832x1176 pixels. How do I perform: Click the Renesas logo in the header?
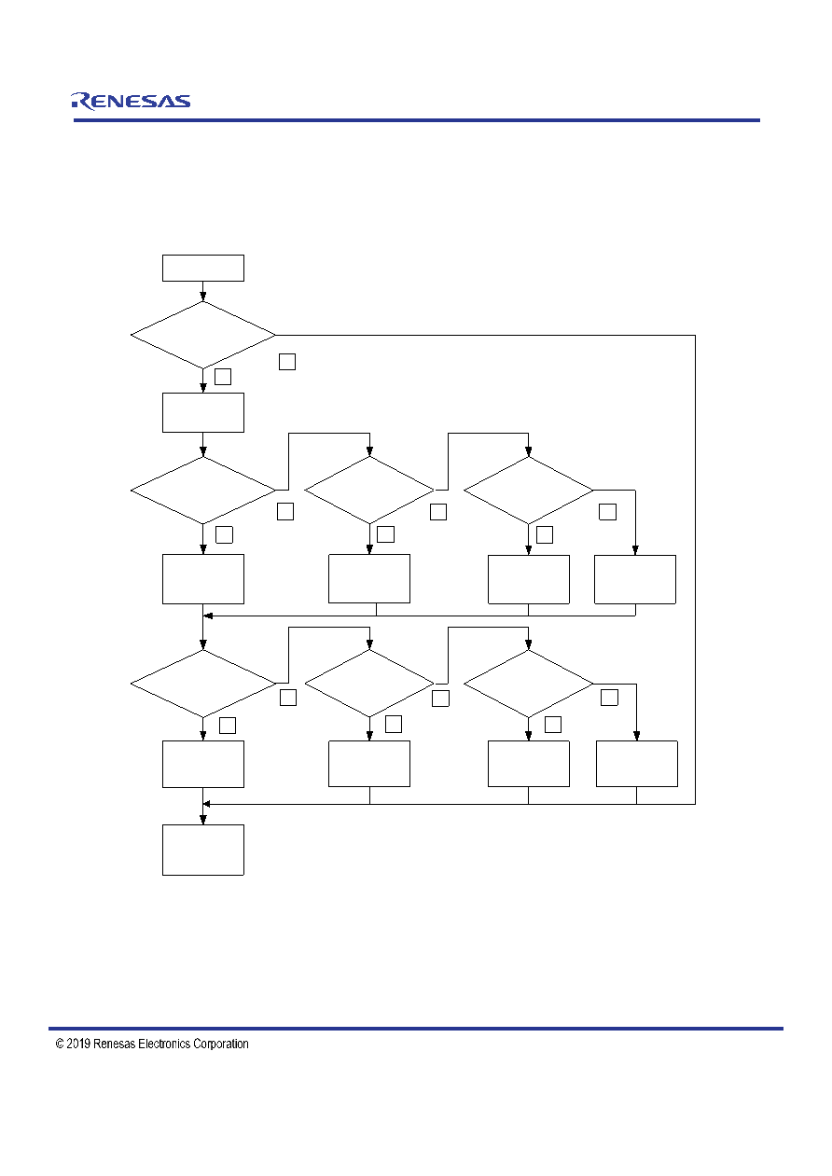[131, 102]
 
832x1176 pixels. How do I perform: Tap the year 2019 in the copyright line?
[78, 1044]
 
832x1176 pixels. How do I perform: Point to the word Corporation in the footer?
[220, 1045]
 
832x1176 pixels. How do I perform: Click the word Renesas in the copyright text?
[115, 1044]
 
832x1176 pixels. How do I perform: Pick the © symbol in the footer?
[60, 1044]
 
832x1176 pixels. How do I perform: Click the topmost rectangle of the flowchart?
[203, 269]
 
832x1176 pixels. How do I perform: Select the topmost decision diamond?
[203, 335]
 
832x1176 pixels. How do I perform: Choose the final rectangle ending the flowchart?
[203, 850]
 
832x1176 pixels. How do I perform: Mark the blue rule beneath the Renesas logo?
[417, 120]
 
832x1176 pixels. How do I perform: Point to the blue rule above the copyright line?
[416, 1029]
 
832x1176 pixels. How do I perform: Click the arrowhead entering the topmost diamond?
[203, 297]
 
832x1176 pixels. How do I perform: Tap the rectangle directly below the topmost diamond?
[203, 412]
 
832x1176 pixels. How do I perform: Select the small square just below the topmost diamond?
[223, 377]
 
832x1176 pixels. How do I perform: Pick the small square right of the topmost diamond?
[287, 362]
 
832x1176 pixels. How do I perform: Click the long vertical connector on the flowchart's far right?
[696, 570]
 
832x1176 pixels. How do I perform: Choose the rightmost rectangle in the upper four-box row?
[635, 579]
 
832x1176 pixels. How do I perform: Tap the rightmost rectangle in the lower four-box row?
[637, 764]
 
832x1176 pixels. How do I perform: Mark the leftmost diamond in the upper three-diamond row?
[203, 491]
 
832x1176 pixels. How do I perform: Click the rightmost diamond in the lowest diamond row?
[529, 684]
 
